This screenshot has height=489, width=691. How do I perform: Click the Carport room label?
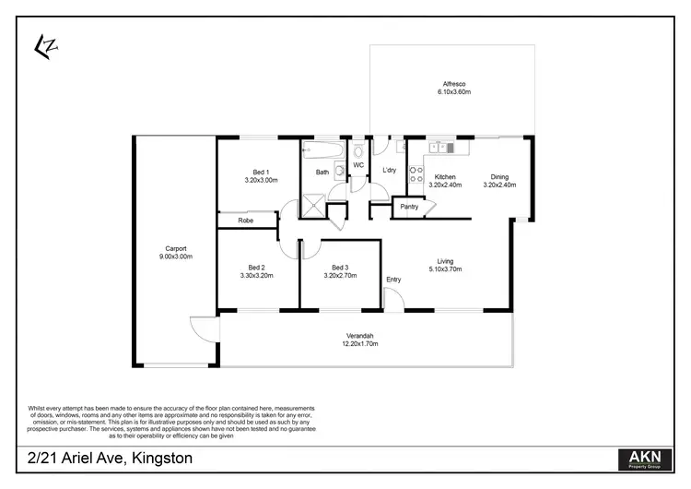tap(176, 248)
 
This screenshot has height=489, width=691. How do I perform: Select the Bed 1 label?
tap(261, 172)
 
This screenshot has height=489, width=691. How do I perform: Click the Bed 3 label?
tap(340, 267)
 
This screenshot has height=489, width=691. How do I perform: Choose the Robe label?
tap(245, 221)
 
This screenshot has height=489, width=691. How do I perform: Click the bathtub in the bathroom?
tap(322, 148)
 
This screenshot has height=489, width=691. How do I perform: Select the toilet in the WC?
tap(358, 149)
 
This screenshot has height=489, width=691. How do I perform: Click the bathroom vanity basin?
tap(339, 170)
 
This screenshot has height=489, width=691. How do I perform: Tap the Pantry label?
tap(409, 207)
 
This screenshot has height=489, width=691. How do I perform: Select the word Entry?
tap(393, 280)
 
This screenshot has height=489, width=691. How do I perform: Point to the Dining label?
tap(498, 177)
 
